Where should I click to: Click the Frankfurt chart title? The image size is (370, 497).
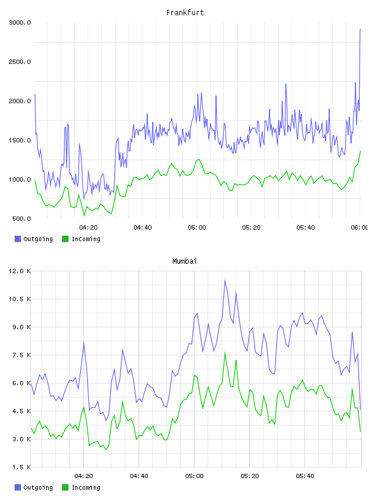pyautogui.click(x=185, y=12)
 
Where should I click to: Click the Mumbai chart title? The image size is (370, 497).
pyautogui.click(x=184, y=261)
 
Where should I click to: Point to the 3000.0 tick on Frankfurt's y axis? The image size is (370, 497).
pyautogui.click(x=19, y=23)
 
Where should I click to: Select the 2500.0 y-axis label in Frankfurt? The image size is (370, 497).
pyautogui.click(x=19, y=62)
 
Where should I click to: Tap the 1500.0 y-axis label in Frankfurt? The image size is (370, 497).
pyautogui.click(x=19, y=140)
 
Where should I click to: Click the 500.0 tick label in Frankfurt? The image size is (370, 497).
pyautogui.click(x=21, y=219)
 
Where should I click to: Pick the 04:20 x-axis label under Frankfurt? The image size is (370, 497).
pyautogui.click(x=88, y=227)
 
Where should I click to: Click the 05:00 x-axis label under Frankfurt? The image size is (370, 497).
pyautogui.click(x=197, y=227)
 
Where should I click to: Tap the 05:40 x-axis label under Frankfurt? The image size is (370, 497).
pyautogui.click(x=305, y=227)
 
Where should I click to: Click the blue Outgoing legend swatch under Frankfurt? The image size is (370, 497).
pyautogui.click(x=18, y=239)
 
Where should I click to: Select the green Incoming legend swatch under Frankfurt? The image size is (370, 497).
pyautogui.click(x=65, y=239)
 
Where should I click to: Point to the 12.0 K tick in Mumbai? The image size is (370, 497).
pyautogui.click(x=19, y=271)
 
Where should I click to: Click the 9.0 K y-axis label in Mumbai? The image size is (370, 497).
pyautogui.click(x=21, y=327)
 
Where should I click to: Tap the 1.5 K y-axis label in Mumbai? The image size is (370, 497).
pyautogui.click(x=21, y=467)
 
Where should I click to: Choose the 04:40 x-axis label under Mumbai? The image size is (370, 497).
pyautogui.click(x=139, y=476)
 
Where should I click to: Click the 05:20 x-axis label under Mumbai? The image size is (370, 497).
pyautogui.click(x=250, y=476)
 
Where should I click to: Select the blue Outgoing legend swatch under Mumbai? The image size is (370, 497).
pyautogui.click(x=18, y=487)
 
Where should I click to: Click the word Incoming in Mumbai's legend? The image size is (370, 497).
pyautogui.click(x=86, y=487)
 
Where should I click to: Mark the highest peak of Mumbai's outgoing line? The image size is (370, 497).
pyautogui.click(x=225, y=280)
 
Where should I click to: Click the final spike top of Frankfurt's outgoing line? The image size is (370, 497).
pyautogui.click(x=360, y=29)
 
